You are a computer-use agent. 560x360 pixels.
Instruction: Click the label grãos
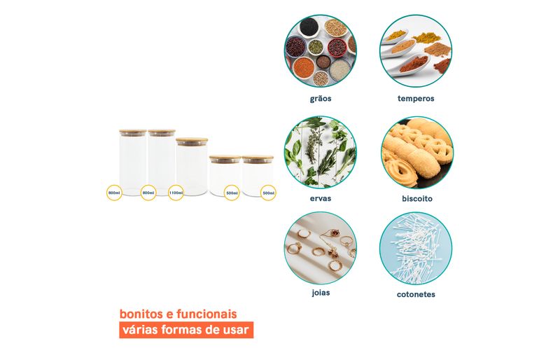[321, 99]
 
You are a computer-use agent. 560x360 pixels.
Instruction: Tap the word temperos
[416, 99]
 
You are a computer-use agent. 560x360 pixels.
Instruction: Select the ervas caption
[321, 198]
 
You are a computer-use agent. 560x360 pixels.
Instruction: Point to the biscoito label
[416, 198]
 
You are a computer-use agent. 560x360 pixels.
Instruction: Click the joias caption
[321, 293]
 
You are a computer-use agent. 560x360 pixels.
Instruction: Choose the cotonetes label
[416, 295]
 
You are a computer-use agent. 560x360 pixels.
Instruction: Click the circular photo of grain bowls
[321, 51]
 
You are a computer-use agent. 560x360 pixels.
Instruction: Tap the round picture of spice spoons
[416, 51]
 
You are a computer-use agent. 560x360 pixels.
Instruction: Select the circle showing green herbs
[321, 152]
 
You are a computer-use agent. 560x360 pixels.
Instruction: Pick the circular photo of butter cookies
[416, 153]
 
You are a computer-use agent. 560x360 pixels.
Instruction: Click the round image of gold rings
[321, 248]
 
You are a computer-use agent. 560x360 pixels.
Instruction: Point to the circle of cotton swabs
[416, 249]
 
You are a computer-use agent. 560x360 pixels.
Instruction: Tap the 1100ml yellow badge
[176, 193]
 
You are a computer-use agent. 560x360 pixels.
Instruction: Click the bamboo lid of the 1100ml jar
[192, 140]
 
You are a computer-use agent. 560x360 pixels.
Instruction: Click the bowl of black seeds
[309, 27]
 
